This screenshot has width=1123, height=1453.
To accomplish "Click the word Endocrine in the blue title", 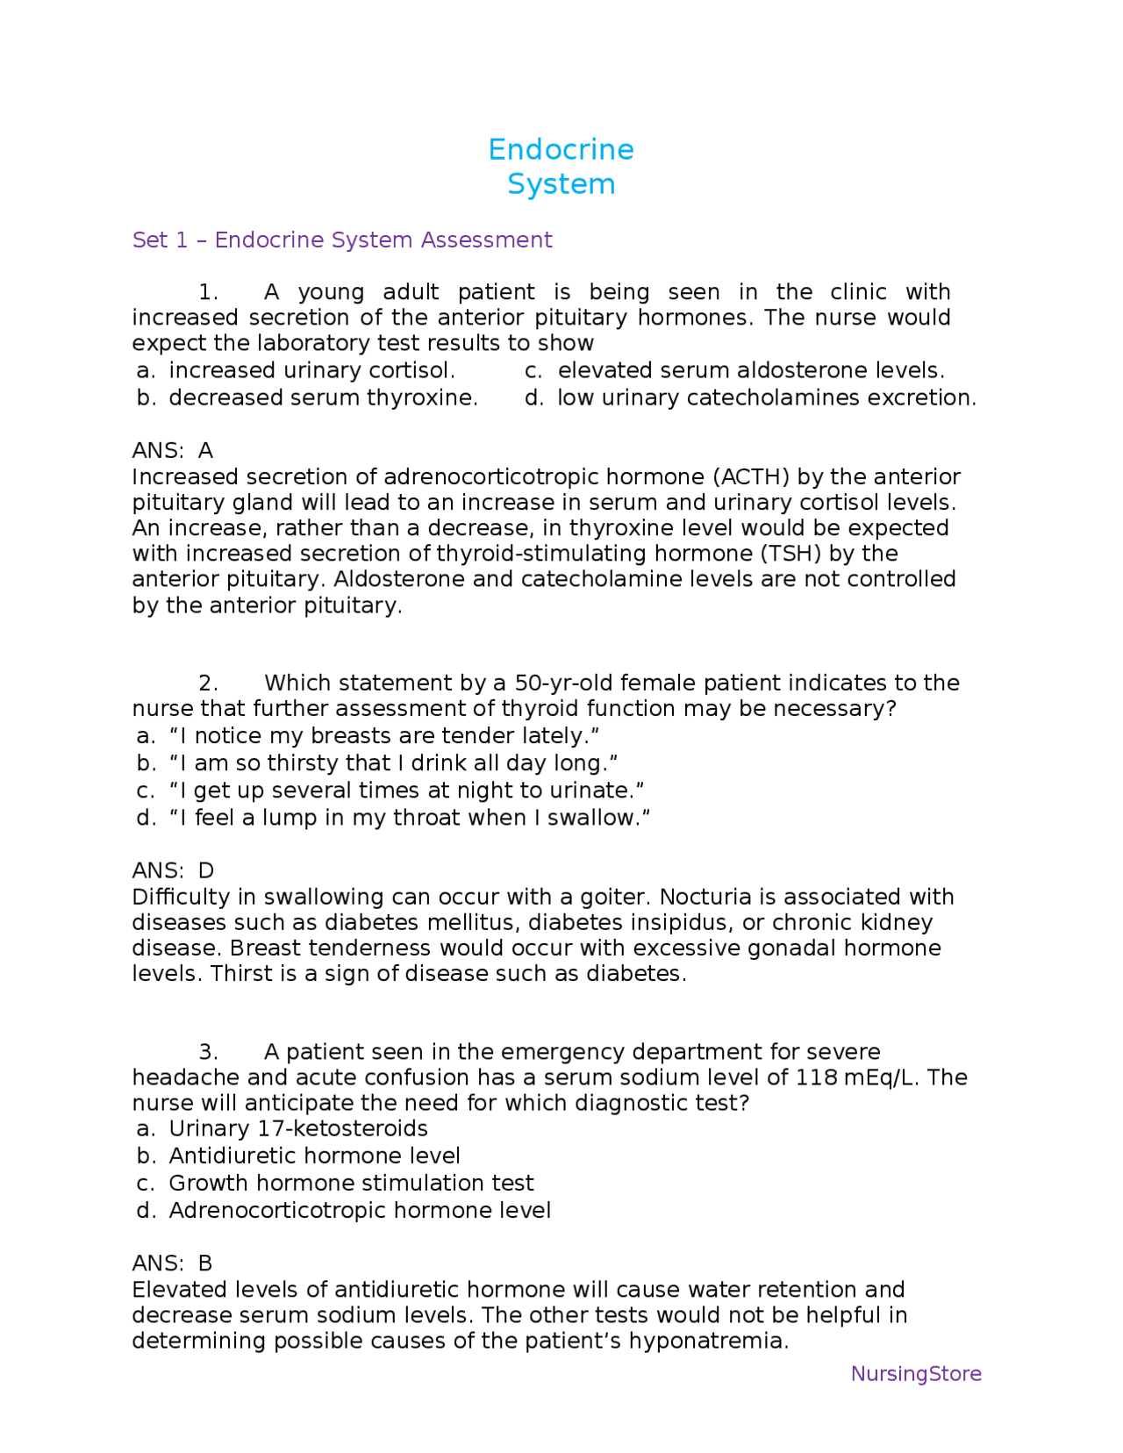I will click(x=561, y=150).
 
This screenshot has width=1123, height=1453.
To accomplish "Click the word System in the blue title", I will click(x=561, y=184).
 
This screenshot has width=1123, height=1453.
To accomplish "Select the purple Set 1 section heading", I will click(x=342, y=240).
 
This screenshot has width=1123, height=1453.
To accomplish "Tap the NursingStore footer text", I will click(x=916, y=1373).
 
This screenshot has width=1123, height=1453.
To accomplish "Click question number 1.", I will click(x=207, y=292).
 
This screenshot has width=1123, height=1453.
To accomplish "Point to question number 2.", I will click(x=207, y=683).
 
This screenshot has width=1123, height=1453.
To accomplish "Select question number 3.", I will click(x=207, y=1051).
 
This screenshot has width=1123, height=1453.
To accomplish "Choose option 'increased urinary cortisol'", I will click(x=311, y=370).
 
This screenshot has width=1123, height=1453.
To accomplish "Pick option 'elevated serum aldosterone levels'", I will click(x=751, y=370).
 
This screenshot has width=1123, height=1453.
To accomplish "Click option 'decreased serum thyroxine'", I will click(x=323, y=397).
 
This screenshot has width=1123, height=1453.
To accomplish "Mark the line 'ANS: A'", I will click(x=173, y=450).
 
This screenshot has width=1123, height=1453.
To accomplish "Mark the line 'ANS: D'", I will click(x=173, y=870).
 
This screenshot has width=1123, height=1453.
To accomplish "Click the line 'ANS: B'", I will click(x=173, y=1263).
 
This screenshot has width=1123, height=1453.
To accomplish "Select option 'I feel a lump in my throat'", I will click(x=409, y=818).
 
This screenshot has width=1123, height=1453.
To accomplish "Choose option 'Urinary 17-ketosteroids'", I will click(x=298, y=1128).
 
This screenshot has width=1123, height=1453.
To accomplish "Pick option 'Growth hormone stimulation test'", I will click(x=351, y=1183).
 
